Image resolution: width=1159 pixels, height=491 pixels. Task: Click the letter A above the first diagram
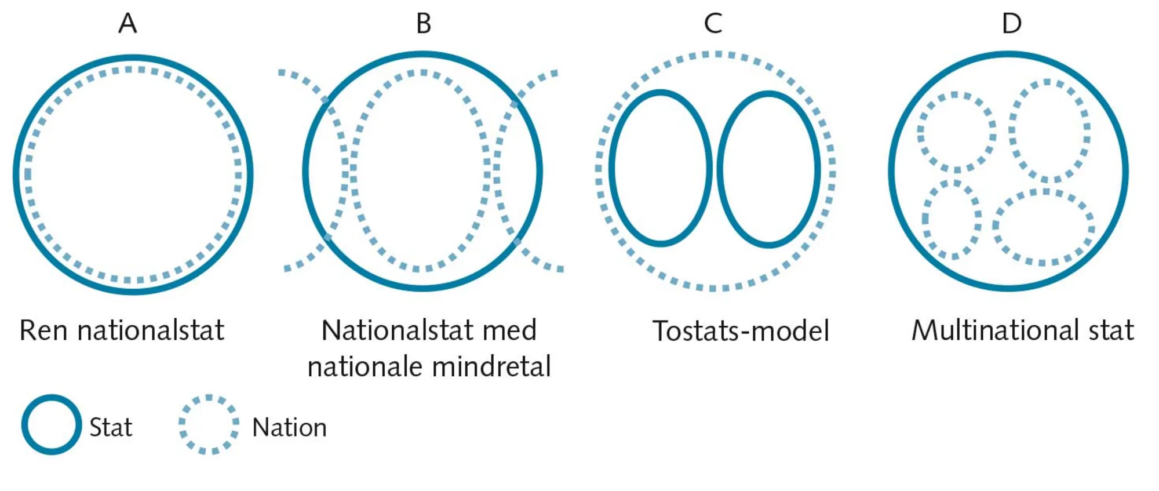127,24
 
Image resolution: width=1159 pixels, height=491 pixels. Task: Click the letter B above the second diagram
424,24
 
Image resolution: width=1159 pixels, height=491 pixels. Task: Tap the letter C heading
713,24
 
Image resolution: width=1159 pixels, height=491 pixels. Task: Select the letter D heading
1011,24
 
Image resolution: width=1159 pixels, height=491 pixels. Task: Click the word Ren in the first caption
43,330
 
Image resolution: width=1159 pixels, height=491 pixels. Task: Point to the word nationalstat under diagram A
151,330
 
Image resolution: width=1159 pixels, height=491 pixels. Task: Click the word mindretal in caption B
491,367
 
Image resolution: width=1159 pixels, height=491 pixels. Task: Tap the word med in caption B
510,330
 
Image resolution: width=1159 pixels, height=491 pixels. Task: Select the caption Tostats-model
741,331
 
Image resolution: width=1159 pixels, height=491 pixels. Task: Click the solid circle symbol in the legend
52,424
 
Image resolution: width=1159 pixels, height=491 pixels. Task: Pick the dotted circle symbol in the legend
209,424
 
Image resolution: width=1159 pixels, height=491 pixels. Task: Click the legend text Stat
111,428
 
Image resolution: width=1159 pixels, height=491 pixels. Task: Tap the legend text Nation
289,428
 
